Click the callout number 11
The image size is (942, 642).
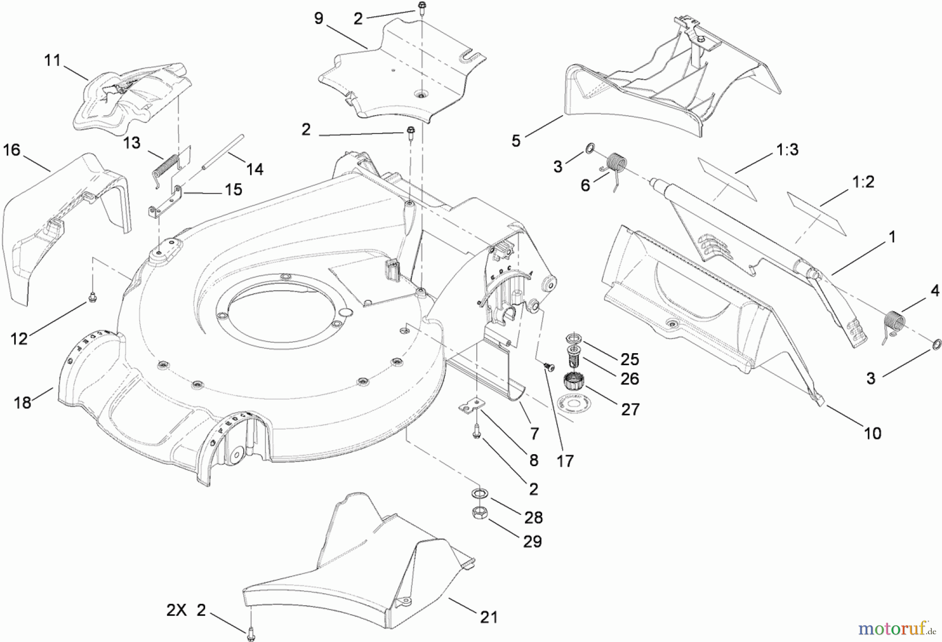pyautogui.click(x=52, y=61)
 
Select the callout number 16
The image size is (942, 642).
pyautogui.click(x=12, y=150)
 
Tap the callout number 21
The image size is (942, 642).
pyautogui.click(x=488, y=617)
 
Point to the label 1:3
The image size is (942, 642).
pyautogui.click(x=787, y=150)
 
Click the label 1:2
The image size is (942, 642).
pyautogui.click(x=863, y=182)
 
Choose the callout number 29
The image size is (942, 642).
pyautogui.click(x=532, y=541)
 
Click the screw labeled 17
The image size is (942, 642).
pyautogui.click(x=549, y=368)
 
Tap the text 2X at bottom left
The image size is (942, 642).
pyautogui.click(x=176, y=610)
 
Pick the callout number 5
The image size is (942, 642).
pyautogui.click(x=516, y=141)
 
